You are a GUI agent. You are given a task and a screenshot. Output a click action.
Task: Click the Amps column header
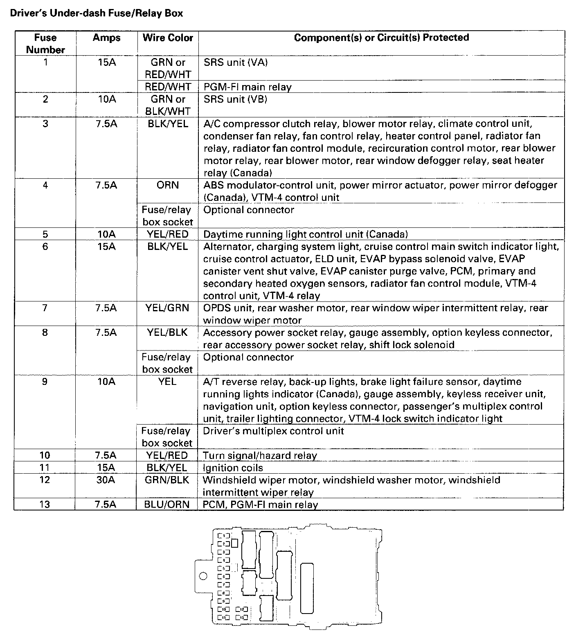(x=106, y=38)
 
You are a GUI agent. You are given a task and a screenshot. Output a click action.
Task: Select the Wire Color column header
(x=168, y=38)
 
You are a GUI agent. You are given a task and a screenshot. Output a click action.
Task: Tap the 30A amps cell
(x=106, y=480)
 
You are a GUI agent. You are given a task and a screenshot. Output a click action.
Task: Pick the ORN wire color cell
(x=168, y=185)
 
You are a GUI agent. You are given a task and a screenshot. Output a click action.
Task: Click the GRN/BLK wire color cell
(x=167, y=480)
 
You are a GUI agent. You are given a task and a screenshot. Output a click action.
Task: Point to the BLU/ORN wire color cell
(x=167, y=504)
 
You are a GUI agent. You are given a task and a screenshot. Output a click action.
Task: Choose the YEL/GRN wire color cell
(x=167, y=308)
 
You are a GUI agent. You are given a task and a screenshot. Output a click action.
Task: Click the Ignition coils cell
(x=233, y=468)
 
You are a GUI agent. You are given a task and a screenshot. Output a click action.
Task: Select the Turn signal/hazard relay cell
(x=260, y=455)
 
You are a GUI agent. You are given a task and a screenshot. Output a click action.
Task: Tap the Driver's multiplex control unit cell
(x=273, y=431)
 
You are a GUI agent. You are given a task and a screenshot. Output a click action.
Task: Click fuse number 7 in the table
(x=45, y=308)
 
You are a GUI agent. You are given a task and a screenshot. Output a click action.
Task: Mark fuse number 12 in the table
(x=45, y=480)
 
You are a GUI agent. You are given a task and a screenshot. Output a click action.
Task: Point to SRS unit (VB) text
(x=235, y=99)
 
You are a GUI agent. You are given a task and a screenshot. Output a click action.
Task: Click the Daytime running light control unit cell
(x=305, y=234)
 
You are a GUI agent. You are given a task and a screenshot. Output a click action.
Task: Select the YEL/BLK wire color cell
(x=167, y=333)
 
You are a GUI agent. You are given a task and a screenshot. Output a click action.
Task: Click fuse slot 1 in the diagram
(x=224, y=535)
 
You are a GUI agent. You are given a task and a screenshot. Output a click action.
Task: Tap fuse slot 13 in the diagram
(x=242, y=617)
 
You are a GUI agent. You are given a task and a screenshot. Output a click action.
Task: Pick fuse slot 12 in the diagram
(x=242, y=609)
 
